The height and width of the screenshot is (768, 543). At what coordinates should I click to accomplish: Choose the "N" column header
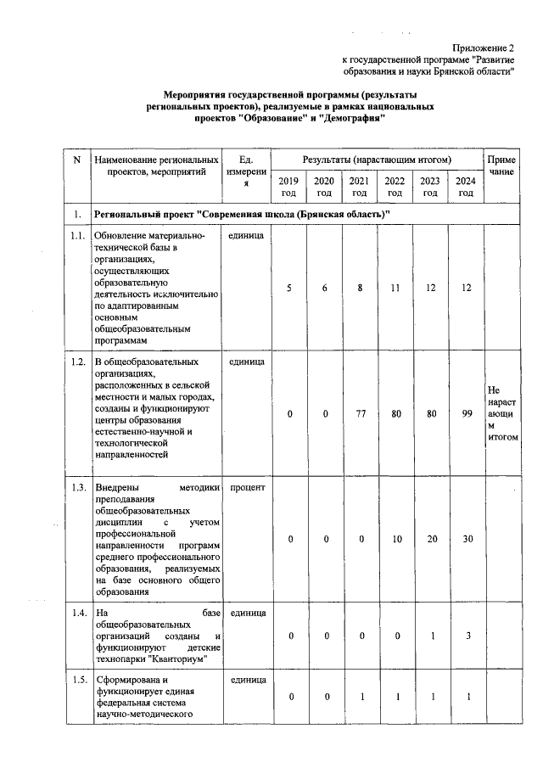tap(77, 160)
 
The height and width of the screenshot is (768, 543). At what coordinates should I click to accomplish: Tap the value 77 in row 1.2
tap(360, 414)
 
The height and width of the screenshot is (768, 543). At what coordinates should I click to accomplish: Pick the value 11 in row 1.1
tap(395, 288)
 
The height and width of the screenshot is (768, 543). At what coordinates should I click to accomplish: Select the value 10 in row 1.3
tap(395, 540)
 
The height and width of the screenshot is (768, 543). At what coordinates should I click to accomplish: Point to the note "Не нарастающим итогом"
tap(499, 413)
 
